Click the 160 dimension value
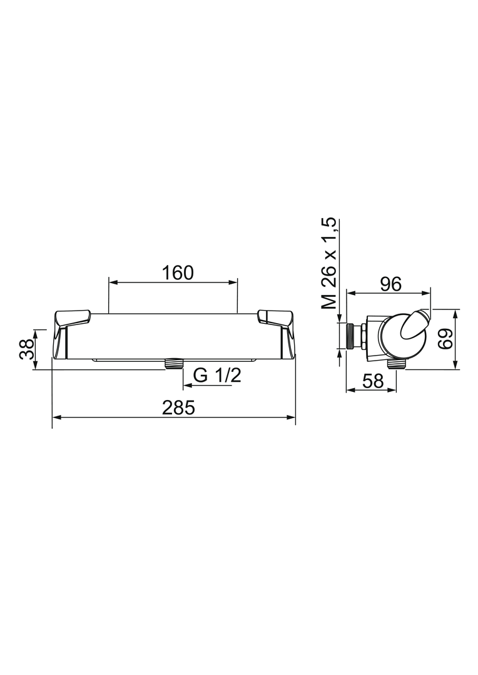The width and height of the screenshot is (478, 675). [x=178, y=273]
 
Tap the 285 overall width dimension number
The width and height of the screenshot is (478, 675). [x=179, y=408]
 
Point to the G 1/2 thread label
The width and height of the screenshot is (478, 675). [x=216, y=376]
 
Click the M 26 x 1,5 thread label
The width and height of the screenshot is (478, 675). [x=329, y=263]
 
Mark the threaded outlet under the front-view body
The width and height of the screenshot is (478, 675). [x=174, y=364]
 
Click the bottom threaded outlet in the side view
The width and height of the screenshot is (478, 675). [x=396, y=364]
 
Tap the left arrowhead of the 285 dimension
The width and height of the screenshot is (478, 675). [x=55, y=417]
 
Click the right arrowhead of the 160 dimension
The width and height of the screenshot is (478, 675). [x=235, y=282]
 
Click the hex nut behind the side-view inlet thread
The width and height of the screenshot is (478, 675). [x=363, y=335]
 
